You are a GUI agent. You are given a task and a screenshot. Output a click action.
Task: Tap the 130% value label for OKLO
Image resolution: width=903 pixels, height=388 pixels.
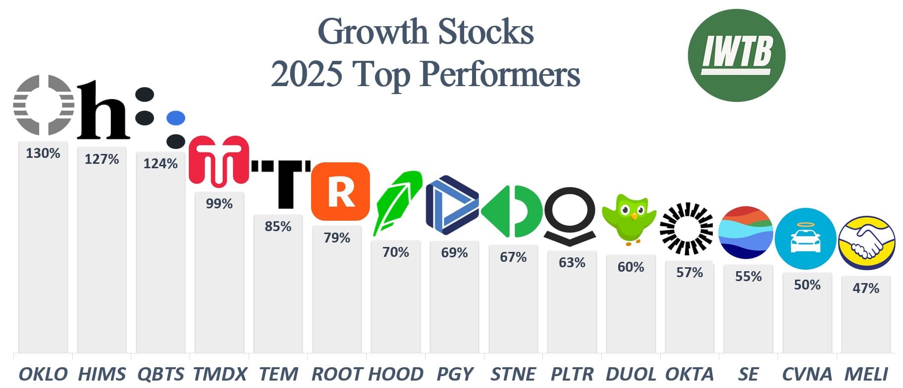click(43, 153)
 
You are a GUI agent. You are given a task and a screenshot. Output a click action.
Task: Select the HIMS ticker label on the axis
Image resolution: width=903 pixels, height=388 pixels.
click(102, 374)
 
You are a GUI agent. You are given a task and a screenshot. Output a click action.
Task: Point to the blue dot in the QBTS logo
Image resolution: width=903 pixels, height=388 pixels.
click(176, 118)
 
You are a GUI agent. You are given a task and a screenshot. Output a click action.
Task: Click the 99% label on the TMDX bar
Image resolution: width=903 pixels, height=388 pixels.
click(219, 204)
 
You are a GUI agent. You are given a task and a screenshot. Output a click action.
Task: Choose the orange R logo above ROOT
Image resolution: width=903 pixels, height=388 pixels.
click(340, 191)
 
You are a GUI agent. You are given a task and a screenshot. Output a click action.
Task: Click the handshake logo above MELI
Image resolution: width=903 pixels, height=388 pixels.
click(867, 242)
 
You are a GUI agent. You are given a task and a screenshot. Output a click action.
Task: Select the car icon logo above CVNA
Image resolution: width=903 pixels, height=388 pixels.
click(805, 239)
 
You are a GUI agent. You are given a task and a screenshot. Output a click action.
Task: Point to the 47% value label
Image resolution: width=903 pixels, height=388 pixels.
click(866, 289)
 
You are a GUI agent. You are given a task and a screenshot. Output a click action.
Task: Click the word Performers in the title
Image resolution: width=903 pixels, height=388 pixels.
click(500, 75)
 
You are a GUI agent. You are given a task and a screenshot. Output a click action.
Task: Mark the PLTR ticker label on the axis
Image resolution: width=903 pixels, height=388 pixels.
click(572, 374)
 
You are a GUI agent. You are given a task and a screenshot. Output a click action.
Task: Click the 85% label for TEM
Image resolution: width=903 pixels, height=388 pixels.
click(278, 227)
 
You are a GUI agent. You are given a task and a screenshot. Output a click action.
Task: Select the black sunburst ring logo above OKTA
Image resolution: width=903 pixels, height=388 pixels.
click(687, 229)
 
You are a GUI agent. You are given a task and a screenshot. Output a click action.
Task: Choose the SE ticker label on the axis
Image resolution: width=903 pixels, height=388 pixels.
click(748, 374)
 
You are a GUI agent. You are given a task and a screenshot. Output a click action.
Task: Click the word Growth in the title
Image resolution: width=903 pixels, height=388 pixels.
click(372, 32)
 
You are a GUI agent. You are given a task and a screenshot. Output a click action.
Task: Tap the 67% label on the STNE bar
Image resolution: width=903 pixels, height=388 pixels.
click(513, 257)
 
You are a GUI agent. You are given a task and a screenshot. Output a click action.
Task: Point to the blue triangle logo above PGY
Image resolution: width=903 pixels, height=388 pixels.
click(452, 205)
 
